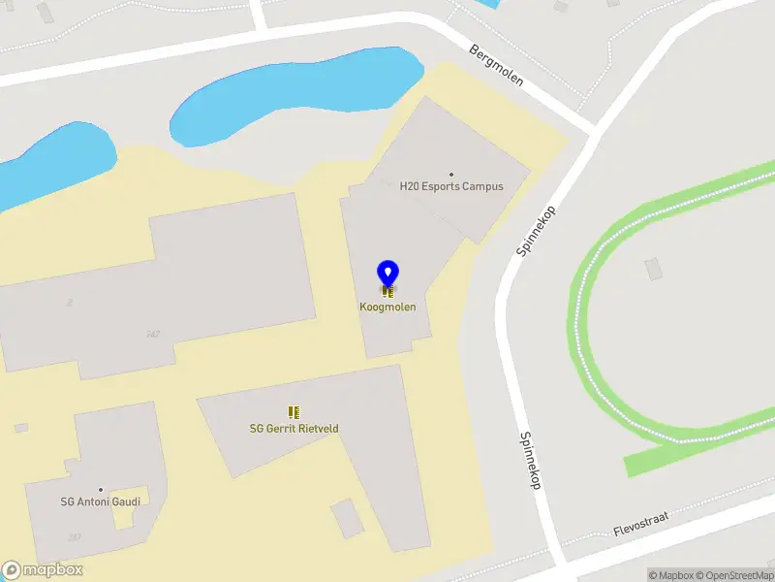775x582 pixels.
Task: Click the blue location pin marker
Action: pyautogui.click(x=387, y=275)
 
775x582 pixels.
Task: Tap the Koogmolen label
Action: pyautogui.click(x=387, y=307)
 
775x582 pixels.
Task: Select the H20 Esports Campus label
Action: pyautogui.click(x=451, y=186)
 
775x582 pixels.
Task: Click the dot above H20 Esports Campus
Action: pyautogui.click(x=451, y=174)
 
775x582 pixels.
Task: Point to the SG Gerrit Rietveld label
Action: pyautogui.click(x=294, y=429)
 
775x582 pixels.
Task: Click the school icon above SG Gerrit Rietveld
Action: pyautogui.click(x=294, y=413)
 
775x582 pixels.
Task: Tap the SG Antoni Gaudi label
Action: pyautogui.click(x=101, y=501)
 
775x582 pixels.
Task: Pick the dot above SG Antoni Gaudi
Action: pyautogui.click(x=101, y=490)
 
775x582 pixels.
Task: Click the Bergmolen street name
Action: pyautogui.click(x=496, y=65)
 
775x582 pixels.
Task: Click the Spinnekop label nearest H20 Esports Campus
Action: pyautogui.click(x=535, y=231)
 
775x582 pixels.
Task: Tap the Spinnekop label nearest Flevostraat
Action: pyautogui.click(x=529, y=460)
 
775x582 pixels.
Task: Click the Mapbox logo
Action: pyautogui.click(x=43, y=570)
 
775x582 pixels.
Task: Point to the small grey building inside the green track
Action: pyautogui.click(x=654, y=268)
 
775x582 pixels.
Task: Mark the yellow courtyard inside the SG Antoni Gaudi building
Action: pyautogui.click(x=123, y=514)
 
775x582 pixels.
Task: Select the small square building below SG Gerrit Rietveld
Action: pyautogui.click(x=347, y=518)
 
